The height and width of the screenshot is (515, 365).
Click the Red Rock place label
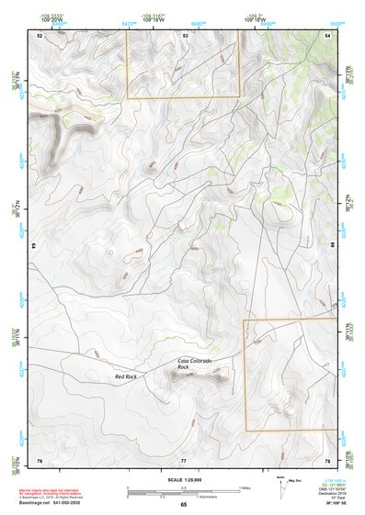point(125,376)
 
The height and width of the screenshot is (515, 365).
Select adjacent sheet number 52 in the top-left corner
point(40,35)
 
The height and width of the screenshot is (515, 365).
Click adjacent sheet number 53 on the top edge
point(185,35)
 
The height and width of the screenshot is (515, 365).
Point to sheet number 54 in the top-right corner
point(327,35)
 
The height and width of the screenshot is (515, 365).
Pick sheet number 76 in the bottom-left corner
point(40,459)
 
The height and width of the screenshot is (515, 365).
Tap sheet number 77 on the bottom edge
point(184,459)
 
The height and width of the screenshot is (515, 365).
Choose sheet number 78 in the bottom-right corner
point(327,459)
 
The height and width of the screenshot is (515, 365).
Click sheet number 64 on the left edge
point(35,246)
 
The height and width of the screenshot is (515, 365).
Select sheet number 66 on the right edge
point(332,246)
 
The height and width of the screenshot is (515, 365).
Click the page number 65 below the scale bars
point(183,505)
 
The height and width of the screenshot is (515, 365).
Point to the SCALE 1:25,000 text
point(183,479)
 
